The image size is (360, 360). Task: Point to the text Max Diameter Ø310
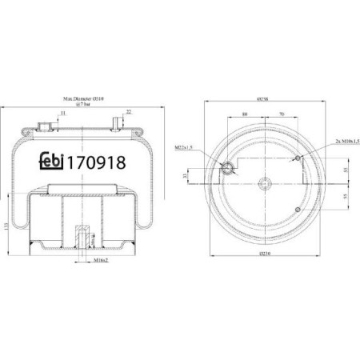[85, 97]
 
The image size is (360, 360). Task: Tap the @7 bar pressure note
[85, 103]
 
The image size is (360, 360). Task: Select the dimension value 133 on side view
[7, 226]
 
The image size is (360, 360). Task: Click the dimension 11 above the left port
[63, 114]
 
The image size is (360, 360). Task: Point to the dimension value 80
[244, 114]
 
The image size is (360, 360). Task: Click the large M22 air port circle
[227, 168]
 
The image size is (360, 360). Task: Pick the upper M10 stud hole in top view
[298, 159]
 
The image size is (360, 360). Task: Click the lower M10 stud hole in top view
[298, 209]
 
